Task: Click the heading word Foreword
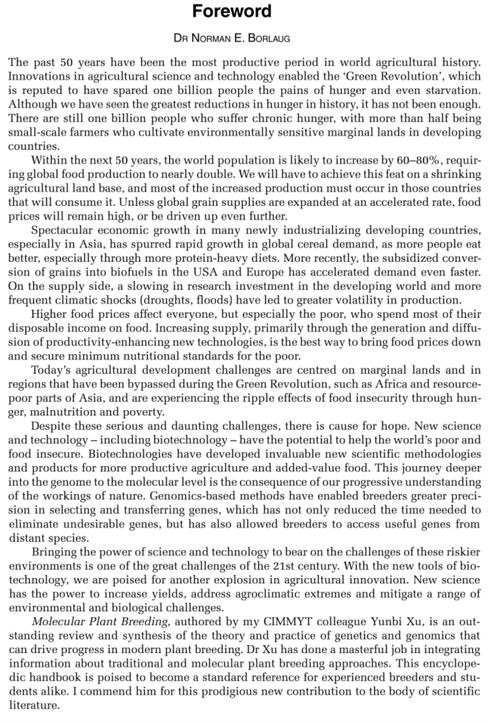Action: click(243, 12)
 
